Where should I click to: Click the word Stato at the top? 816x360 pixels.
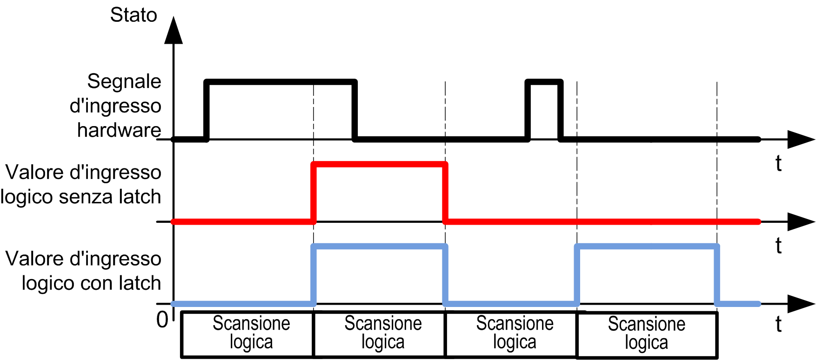tap(134, 15)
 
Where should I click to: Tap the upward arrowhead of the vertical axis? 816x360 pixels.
tap(174, 31)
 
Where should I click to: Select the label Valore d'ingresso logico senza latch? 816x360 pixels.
tap(81, 184)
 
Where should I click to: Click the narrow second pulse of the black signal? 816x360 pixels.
tap(544, 82)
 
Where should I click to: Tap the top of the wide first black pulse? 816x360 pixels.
tap(281, 82)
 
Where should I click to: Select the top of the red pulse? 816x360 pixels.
tap(380, 164)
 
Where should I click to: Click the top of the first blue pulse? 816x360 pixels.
tap(380, 247)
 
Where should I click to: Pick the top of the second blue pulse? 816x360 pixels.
tap(647, 247)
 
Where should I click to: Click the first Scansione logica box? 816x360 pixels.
tap(247, 334)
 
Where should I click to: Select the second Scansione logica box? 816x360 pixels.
tap(380, 334)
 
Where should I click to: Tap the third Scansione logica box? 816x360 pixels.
tap(511, 334)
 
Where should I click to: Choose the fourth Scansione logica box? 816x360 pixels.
tap(647, 335)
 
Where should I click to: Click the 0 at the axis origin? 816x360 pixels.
tap(162, 320)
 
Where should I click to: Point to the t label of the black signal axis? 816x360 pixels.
tap(778, 163)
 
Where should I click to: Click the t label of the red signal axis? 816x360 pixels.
tap(778, 245)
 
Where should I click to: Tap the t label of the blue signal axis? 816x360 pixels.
tap(778, 324)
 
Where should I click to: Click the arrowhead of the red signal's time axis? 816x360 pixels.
tap(801, 222)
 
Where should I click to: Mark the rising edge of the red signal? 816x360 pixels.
tap(314, 193)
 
